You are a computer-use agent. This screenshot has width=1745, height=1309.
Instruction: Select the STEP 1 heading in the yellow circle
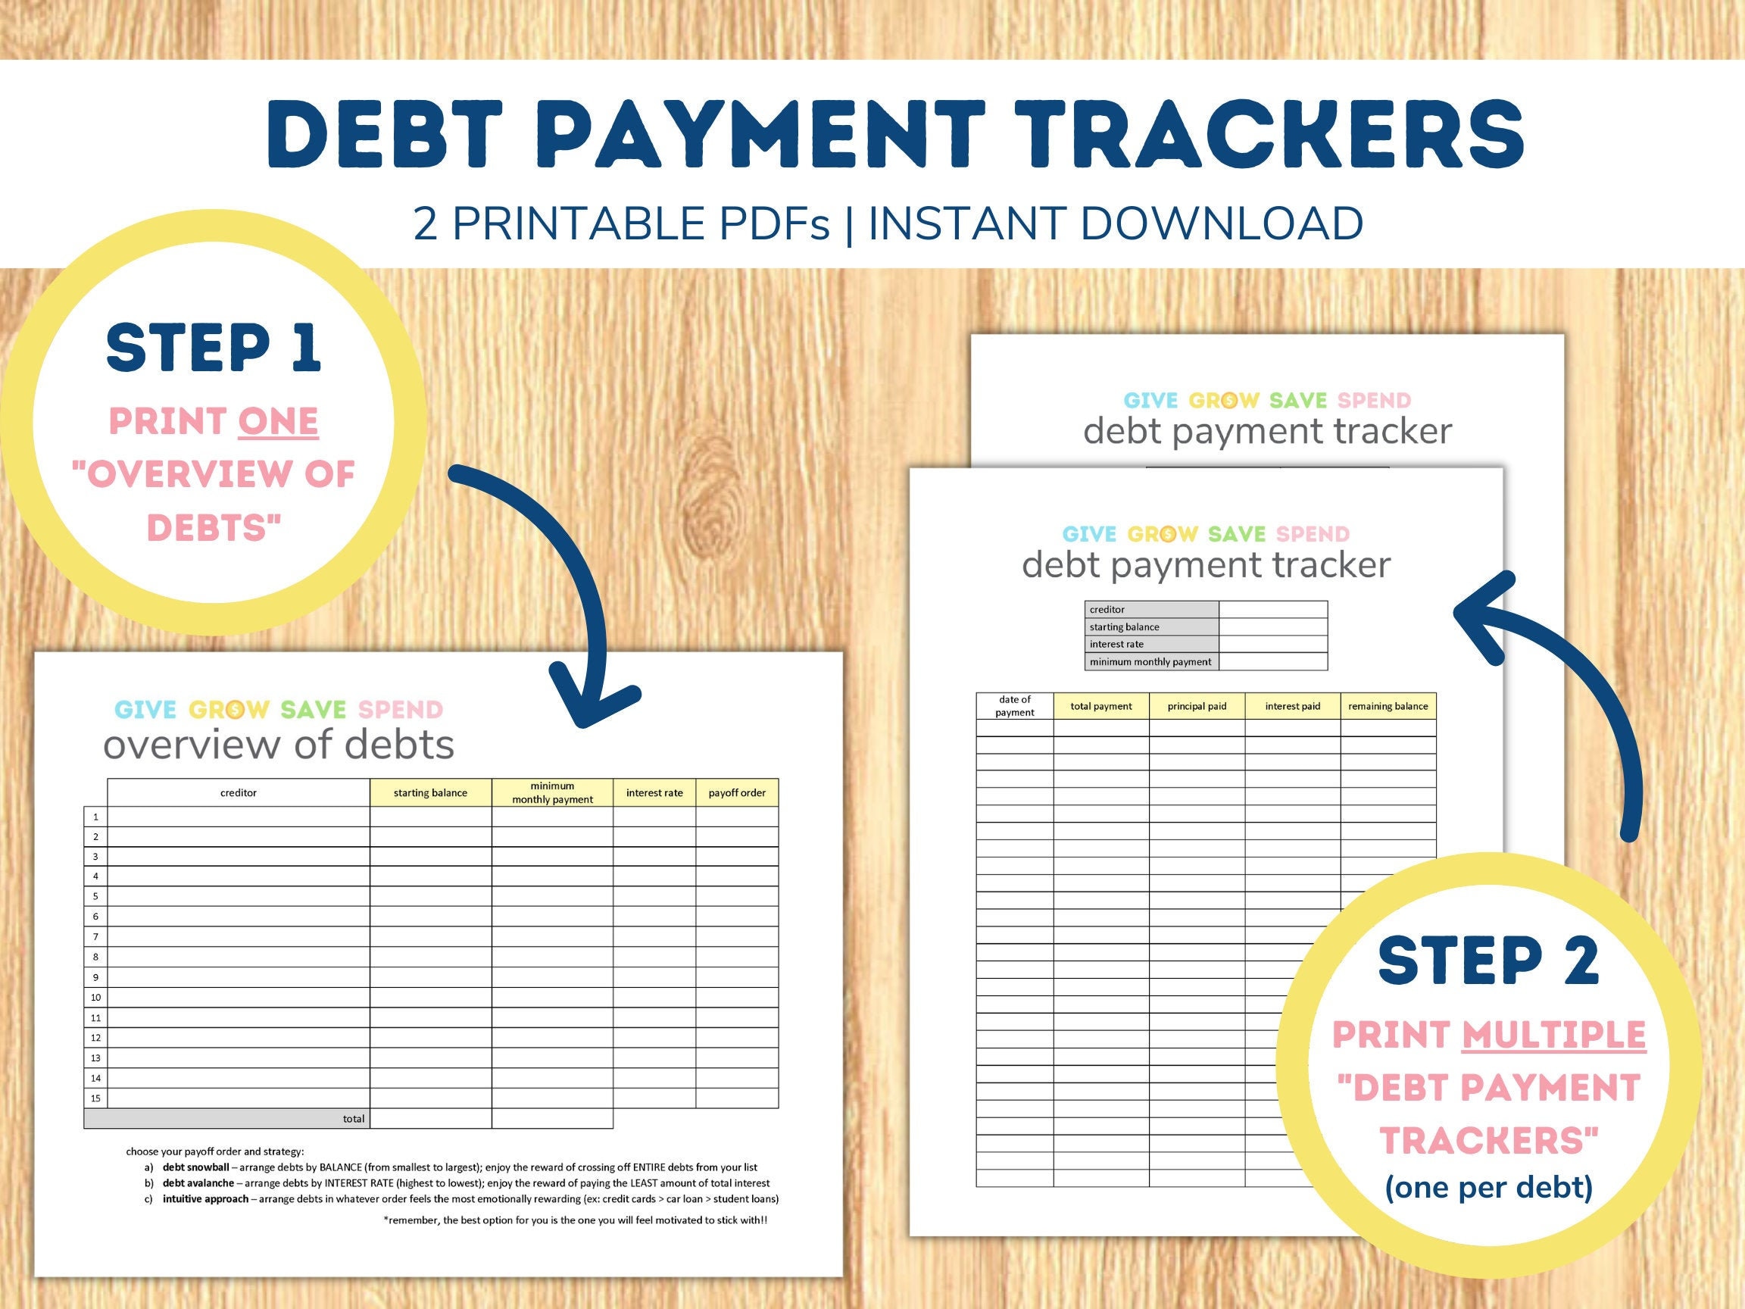pyautogui.click(x=214, y=347)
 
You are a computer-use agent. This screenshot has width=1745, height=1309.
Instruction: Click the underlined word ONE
pyautogui.click(x=278, y=421)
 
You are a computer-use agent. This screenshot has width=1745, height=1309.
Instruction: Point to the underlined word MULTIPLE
pyautogui.click(x=1553, y=1035)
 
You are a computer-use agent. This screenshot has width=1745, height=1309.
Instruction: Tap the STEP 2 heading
pyautogui.click(x=1487, y=961)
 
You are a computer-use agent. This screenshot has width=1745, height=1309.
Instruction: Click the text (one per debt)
pyautogui.click(x=1488, y=1187)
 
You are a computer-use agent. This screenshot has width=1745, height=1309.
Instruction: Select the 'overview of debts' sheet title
pyautogui.click(x=279, y=744)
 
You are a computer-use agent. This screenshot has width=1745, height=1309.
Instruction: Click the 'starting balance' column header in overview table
pyautogui.click(x=430, y=793)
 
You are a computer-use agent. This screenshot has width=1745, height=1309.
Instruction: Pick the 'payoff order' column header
pyautogui.click(x=737, y=793)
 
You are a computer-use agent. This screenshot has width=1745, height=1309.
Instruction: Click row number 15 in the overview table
pyautogui.click(x=95, y=1098)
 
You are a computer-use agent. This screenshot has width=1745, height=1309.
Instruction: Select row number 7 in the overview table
pyautogui.click(x=95, y=936)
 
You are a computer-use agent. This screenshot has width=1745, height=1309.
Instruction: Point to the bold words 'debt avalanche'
pyautogui.click(x=198, y=1183)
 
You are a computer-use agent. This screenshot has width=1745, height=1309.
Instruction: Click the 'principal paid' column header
pyautogui.click(x=1197, y=706)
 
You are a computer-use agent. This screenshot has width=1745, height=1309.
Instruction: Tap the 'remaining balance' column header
pyautogui.click(x=1388, y=706)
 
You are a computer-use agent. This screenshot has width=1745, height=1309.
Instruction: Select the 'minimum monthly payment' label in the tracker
pyautogui.click(x=1150, y=662)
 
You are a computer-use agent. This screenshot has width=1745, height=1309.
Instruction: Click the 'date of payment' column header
pyautogui.click(x=1014, y=706)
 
